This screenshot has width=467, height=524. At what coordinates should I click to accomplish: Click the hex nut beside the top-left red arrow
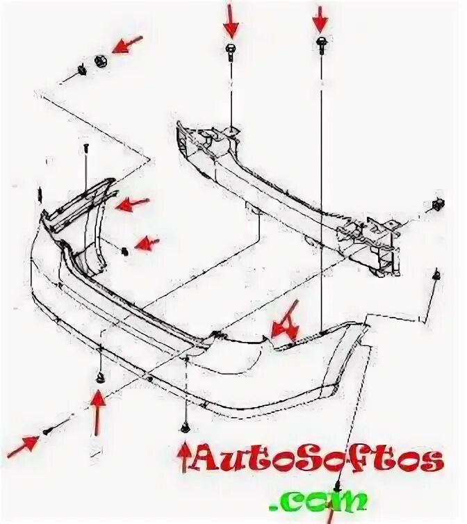pos(99,60)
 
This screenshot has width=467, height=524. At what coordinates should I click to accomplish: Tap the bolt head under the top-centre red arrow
pos(231,49)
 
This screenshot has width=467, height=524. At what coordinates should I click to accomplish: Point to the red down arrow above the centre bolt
pos(231,21)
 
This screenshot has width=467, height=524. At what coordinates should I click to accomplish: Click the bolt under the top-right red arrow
pos(321,43)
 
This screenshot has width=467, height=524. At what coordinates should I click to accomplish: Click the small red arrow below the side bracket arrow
pos(146,243)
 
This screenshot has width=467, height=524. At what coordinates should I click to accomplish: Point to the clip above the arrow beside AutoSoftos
pos(185,427)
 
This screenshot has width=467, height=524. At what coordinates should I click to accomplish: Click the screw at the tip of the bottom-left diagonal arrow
pos(46,432)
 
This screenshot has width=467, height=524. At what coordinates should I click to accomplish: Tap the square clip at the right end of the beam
pos(438,204)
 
